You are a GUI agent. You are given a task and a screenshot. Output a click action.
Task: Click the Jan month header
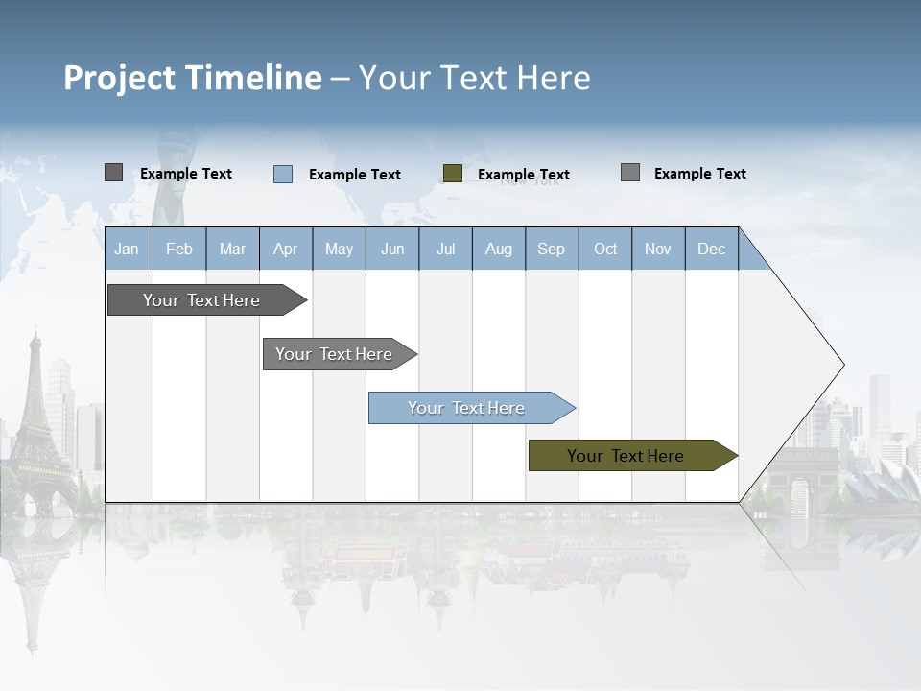click(x=128, y=249)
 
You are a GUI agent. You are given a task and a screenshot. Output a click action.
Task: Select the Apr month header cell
click(x=286, y=249)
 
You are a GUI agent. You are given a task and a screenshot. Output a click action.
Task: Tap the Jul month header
click(x=445, y=249)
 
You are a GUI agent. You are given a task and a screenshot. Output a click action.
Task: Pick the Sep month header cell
click(x=552, y=249)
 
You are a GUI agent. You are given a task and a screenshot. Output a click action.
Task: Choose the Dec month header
click(x=711, y=249)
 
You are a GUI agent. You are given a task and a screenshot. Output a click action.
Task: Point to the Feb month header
click(x=179, y=249)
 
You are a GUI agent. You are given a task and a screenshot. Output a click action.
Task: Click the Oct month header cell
click(x=605, y=249)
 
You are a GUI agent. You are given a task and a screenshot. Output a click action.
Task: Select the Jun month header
click(x=392, y=249)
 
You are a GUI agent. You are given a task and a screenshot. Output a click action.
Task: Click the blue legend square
click(x=283, y=174)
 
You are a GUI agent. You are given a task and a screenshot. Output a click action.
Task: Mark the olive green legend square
click(x=453, y=174)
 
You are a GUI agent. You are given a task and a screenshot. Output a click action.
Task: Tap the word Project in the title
click(x=120, y=78)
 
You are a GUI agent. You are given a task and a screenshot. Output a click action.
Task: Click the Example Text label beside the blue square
click(x=355, y=175)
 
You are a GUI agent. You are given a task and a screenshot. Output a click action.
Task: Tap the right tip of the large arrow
click(x=842, y=365)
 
